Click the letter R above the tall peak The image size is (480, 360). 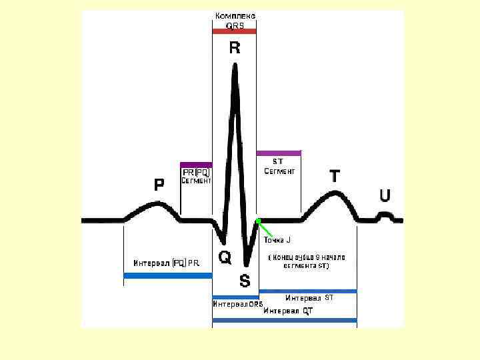pos(235,48)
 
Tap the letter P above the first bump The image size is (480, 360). pos(159,185)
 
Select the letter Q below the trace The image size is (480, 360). pos(225,257)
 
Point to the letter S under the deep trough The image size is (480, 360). pos(245,281)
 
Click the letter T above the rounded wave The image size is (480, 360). pos(335,177)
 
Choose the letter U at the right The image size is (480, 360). pos(385,195)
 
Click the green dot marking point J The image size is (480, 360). pos(258,221)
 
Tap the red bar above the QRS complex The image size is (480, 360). pos(234,31)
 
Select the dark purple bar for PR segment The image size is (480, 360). pos(196,164)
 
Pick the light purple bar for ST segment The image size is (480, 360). pos(279,153)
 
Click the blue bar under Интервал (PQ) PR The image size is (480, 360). pos(168,275)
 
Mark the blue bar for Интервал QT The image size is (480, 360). pos(285,321)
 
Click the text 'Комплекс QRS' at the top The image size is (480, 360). pos(235,21)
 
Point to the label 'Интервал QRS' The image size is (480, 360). pos(237,304)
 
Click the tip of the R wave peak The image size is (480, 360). pos(235,65)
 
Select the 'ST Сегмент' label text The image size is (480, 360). pos(279,167)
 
